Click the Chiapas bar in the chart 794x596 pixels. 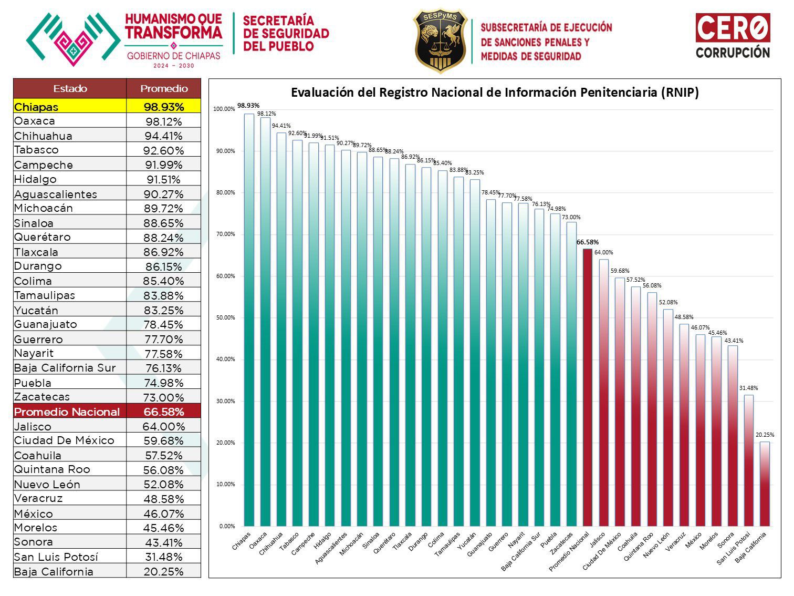point(249,321)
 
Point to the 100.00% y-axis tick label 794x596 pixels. point(224,109)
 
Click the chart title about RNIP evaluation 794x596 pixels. point(495,93)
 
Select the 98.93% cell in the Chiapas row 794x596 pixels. point(164,107)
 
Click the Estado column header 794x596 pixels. point(70,88)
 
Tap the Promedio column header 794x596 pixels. point(164,88)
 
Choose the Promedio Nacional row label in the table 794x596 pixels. point(67,412)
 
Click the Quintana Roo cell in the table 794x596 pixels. point(53,469)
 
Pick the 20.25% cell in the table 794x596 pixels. point(164,572)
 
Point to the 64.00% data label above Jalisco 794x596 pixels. point(603,253)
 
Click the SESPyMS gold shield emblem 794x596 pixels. point(440,40)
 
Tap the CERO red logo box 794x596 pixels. point(733,27)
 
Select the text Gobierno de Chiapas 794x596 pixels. point(174,56)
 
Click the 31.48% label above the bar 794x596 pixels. point(748,388)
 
